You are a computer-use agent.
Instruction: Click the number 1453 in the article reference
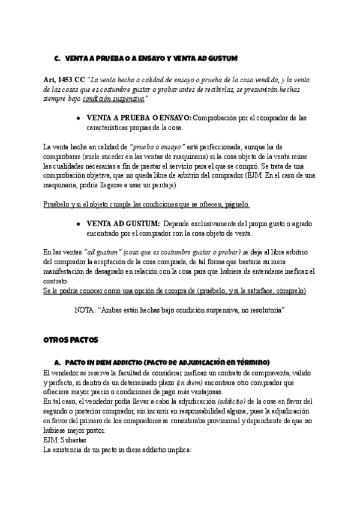pos(69,80)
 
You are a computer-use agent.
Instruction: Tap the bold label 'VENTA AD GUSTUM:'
pos(124,224)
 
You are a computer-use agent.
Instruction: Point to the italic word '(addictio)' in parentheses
pos(230,402)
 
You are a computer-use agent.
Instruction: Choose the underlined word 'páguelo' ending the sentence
pos(236,205)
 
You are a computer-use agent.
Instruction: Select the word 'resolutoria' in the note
pos(262,310)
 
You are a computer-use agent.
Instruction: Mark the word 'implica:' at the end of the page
pos(175,450)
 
